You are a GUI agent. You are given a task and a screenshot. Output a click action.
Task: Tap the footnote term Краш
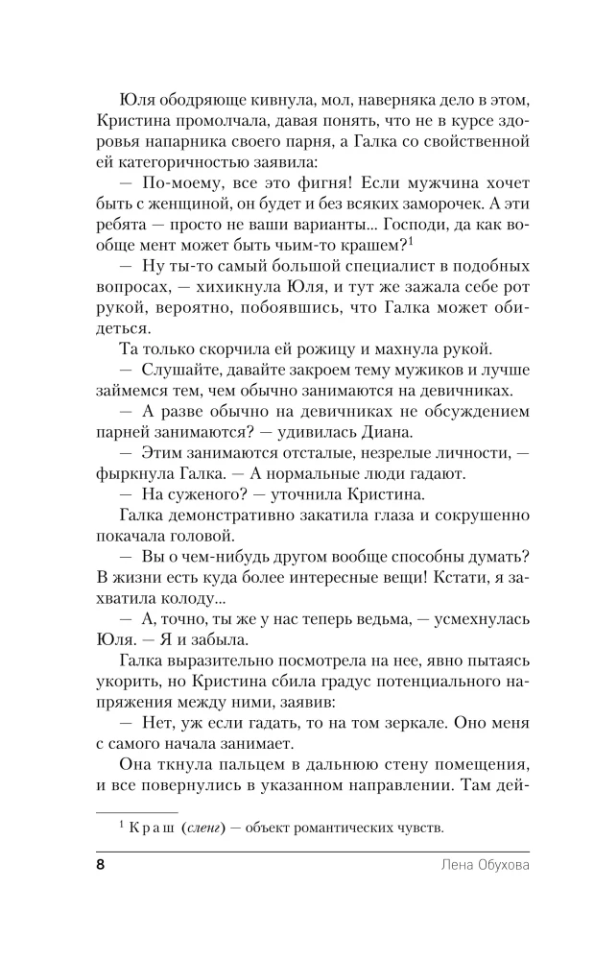(x=148, y=827)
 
